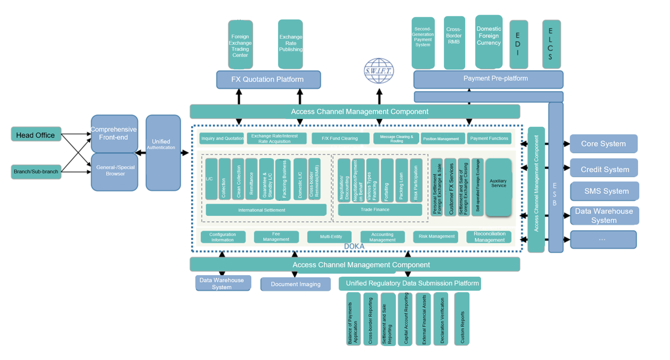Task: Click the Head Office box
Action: click(36, 134)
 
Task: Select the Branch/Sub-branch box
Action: click(36, 172)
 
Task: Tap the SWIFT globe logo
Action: click(379, 71)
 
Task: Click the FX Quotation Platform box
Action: click(268, 80)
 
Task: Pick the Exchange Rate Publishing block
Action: click(291, 44)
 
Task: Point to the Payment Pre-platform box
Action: click(488, 79)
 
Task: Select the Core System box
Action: click(604, 144)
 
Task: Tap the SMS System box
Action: click(605, 191)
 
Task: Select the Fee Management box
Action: click(276, 237)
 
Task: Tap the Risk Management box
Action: click(435, 237)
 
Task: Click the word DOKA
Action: click(354, 246)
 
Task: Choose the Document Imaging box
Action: click(295, 284)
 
